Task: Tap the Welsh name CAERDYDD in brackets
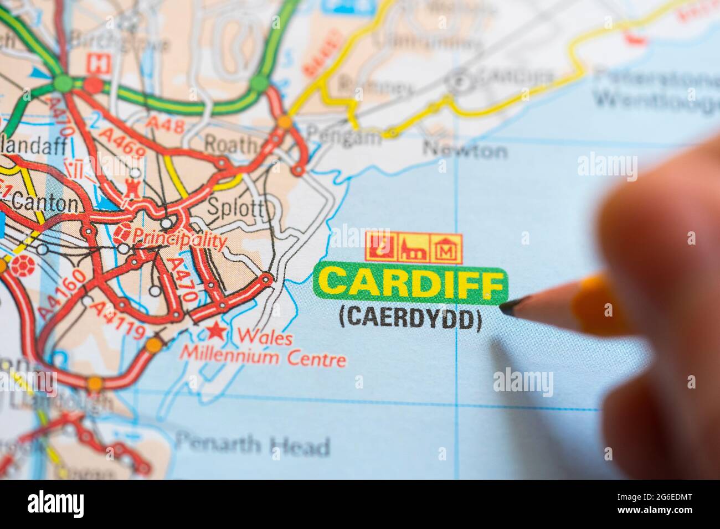(x=410, y=319)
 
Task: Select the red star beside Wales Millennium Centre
(x=215, y=332)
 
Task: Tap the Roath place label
(x=232, y=145)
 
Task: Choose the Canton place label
(x=44, y=203)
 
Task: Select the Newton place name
(x=465, y=150)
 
